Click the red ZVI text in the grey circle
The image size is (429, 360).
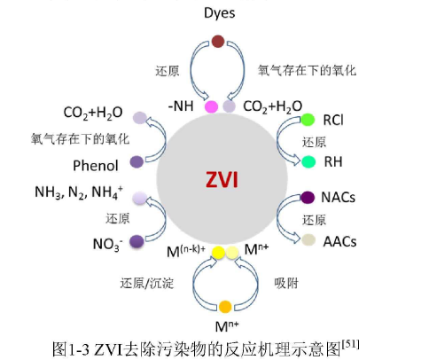222,179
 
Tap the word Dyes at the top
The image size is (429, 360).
220,12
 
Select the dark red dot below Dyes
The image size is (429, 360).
218,41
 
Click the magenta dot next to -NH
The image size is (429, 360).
211,106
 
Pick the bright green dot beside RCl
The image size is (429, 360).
308,120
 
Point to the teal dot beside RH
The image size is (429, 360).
308,161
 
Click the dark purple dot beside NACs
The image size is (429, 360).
308,198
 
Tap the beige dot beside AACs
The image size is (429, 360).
308,240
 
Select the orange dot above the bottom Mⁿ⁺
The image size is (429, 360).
225,307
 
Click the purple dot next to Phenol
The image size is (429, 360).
136,161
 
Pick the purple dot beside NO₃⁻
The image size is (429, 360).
136,241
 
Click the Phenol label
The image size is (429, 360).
96,166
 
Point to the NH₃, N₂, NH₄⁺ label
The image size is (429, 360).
79,192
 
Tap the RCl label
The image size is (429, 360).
333,120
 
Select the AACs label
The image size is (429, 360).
339,241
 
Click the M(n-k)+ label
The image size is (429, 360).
186,251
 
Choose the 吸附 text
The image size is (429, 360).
286,283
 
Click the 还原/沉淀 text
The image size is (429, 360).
147,283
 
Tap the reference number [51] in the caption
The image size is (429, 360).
351,345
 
